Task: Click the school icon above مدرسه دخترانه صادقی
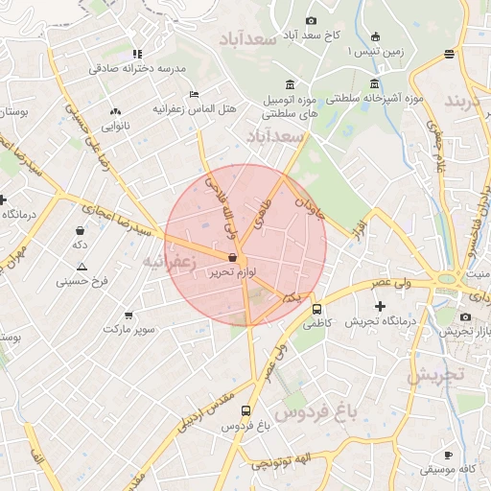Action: click(x=138, y=54)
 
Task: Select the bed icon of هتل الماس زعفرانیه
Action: click(x=194, y=94)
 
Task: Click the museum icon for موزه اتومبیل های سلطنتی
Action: click(x=291, y=83)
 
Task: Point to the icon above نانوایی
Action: click(x=116, y=111)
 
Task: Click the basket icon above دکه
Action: click(x=80, y=230)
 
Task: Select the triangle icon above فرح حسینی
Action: click(x=82, y=267)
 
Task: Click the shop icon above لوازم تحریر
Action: click(x=233, y=257)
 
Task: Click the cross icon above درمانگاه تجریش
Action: click(x=381, y=306)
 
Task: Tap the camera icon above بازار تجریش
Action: click(x=466, y=317)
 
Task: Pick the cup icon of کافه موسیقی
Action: click(x=448, y=455)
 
